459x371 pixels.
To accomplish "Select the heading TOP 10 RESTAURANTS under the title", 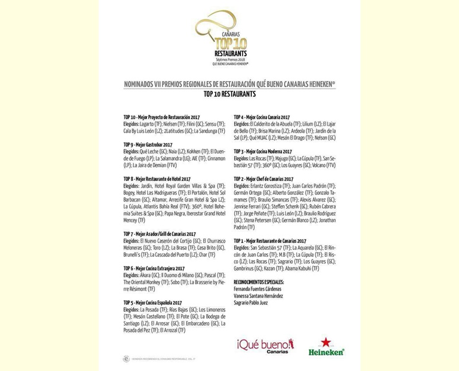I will (x=229, y=92).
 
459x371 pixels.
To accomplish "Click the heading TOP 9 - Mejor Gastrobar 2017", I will (x=148, y=144).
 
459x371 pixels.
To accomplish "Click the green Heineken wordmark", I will (x=326, y=351).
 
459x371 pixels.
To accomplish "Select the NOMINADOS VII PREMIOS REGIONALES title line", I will (x=229, y=83).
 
